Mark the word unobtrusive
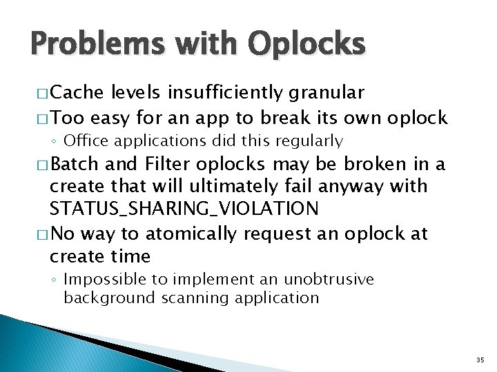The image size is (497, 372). pyautogui.click(x=324, y=280)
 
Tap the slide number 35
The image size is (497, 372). pyautogui.click(x=480, y=360)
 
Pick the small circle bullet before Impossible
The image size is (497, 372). pyautogui.click(x=55, y=280)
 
